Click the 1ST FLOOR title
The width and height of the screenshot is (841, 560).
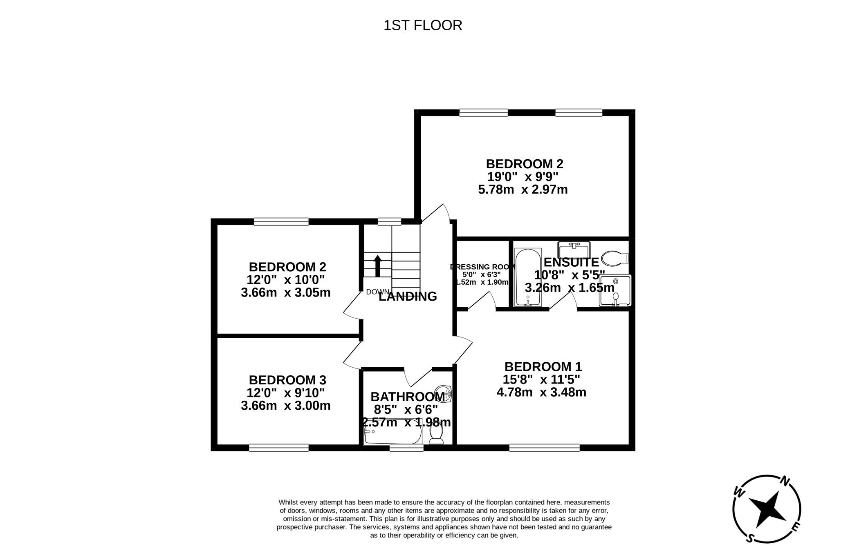point(422,25)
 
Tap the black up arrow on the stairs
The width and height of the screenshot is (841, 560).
point(377,266)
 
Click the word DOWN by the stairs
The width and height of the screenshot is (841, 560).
point(377,292)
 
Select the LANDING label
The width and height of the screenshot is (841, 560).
point(408,297)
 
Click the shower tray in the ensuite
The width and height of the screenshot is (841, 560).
point(615,290)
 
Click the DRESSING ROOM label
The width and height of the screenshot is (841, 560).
point(482,267)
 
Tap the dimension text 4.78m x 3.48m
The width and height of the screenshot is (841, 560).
point(541,393)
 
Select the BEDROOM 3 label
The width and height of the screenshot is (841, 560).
point(287,380)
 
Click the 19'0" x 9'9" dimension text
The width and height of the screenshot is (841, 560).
point(523,177)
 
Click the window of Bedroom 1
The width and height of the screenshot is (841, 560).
point(544,448)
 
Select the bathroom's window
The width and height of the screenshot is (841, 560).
point(406,448)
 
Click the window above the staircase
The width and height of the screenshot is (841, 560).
point(389,221)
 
